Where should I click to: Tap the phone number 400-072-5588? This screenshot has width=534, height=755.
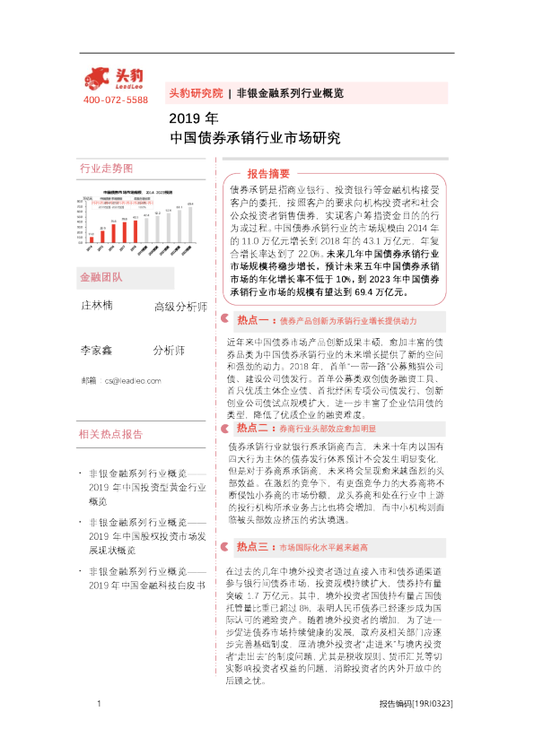(x=115, y=100)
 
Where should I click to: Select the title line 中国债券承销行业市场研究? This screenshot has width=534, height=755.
(x=255, y=138)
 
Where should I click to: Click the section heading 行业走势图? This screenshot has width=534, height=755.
(x=106, y=169)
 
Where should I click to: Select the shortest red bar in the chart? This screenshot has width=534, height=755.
(x=91, y=238)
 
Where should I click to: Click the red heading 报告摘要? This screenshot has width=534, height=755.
(x=268, y=173)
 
